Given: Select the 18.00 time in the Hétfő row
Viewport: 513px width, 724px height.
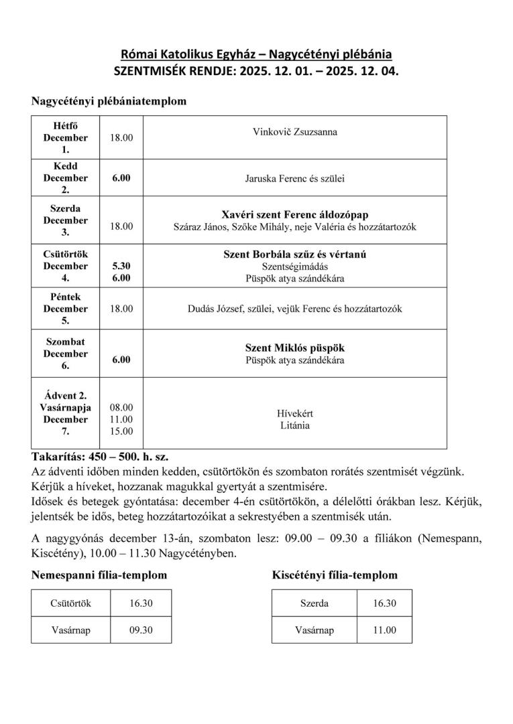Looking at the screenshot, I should pyautogui.click(x=121, y=137).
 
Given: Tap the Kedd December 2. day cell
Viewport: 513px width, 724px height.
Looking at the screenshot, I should pyautogui.click(x=65, y=177).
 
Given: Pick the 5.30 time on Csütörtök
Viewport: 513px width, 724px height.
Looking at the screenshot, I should pyautogui.click(x=121, y=266).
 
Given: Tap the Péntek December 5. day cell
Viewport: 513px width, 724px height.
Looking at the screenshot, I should pyautogui.click(x=65, y=309).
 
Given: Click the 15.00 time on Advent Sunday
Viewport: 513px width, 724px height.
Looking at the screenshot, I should pyautogui.click(x=121, y=431).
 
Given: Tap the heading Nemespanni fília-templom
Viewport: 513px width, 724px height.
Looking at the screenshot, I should pyautogui.click(x=99, y=575).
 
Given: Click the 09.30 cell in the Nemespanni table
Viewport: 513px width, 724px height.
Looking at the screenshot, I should pyautogui.click(x=141, y=630).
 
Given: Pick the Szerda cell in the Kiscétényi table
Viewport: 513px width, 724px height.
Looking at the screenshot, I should pyautogui.click(x=314, y=603).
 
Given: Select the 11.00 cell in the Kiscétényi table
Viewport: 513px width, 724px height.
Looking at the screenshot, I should pyautogui.click(x=385, y=630).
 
